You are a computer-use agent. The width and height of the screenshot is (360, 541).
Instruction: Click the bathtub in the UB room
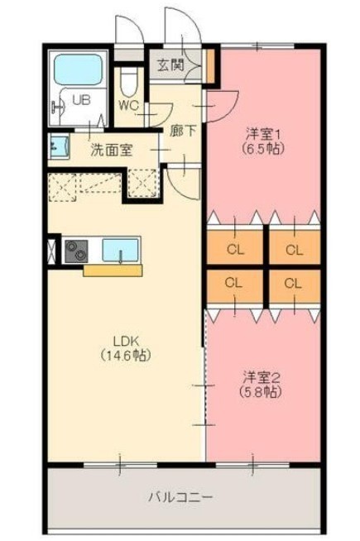coord(78,69)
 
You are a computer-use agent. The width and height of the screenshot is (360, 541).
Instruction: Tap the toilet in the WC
coord(128,81)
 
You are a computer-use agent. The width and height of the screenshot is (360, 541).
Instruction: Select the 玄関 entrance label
coord(170,65)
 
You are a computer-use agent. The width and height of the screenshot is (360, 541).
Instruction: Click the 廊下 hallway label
coord(183,132)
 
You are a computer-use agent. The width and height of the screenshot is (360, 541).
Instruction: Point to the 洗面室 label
coord(111,150)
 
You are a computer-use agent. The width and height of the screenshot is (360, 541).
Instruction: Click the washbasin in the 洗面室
coord(60,146)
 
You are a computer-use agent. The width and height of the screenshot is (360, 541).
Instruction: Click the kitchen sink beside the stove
coord(120,250)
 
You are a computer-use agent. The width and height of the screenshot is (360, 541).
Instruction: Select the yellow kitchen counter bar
coord(113,270)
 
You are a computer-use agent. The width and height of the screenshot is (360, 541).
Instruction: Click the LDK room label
coord(126,341)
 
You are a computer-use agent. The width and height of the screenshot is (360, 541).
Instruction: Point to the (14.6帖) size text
coord(126,355)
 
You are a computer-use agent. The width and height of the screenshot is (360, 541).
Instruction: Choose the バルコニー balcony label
coord(180,497)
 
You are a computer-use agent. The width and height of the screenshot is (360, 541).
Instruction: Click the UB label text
coord(82,100)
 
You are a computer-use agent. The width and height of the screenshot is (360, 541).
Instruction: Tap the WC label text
coord(129,105)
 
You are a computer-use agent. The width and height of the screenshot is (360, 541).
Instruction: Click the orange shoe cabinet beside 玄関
coord(210,66)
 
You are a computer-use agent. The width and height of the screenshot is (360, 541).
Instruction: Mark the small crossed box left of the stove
coord(51,251)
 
